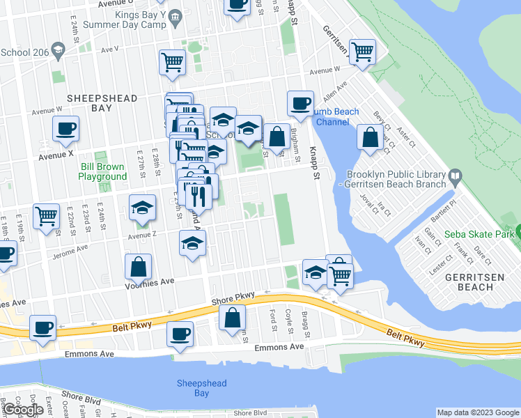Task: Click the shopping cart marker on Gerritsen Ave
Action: [361, 51]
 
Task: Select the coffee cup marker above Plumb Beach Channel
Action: [300, 103]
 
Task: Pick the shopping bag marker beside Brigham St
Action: [277, 136]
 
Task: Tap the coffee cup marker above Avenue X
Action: [65, 128]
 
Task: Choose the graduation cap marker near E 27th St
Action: [142, 208]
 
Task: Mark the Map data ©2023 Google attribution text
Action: [476, 412]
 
